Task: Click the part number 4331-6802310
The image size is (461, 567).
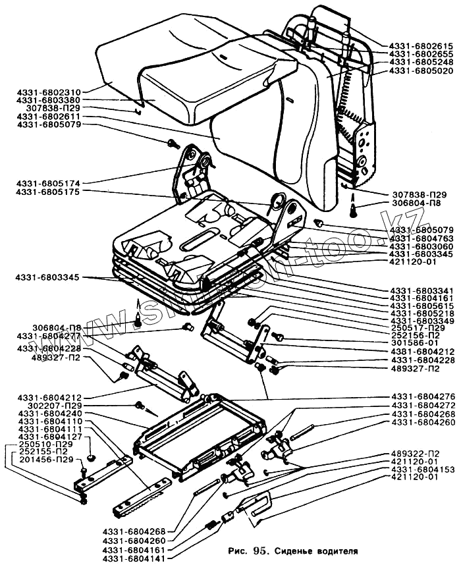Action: click(x=49, y=93)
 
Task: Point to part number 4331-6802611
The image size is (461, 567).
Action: click(x=49, y=117)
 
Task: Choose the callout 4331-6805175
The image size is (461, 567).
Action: click(x=49, y=192)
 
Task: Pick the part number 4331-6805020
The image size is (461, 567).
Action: click(x=421, y=70)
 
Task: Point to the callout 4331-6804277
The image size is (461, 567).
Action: click(x=49, y=336)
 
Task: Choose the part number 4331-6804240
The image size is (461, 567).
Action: click(x=49, y=413)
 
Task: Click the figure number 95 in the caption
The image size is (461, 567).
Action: click(x=260, y=549)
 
